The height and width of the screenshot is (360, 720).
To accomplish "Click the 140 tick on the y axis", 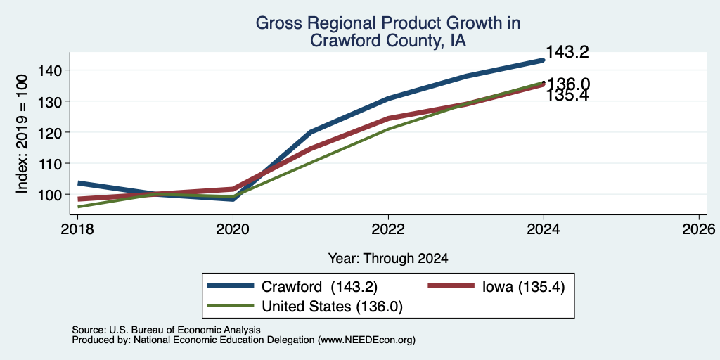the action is (x=49, y=70).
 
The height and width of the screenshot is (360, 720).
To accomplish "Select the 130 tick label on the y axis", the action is (x=49, y=101).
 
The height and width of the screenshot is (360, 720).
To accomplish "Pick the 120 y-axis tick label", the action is (x=49, y=132).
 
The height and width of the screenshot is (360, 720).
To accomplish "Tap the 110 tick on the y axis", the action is (x=49, y=163).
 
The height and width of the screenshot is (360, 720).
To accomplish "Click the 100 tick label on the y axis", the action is (x=49, y=195).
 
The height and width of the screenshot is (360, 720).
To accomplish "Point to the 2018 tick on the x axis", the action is (x=77, y=229).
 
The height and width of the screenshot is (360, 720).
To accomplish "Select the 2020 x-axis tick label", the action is (x=233, y=229).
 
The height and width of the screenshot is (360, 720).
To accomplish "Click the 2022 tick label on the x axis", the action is (x=388, y=229).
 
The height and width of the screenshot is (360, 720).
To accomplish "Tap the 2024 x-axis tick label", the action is (x=544, y=229).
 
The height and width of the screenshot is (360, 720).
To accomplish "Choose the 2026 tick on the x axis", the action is (x=699, y=229).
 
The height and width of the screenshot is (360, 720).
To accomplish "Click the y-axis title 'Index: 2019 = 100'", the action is (x=22, y=134).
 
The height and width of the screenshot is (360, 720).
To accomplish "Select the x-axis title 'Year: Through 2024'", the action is (x=388, y=259).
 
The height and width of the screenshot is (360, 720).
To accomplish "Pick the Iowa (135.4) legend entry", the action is (x=496, y=287).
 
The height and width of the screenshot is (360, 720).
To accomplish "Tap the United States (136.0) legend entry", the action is (x=305, y=307).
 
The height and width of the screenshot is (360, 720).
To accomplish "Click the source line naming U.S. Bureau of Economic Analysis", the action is (x=166, y=330).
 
